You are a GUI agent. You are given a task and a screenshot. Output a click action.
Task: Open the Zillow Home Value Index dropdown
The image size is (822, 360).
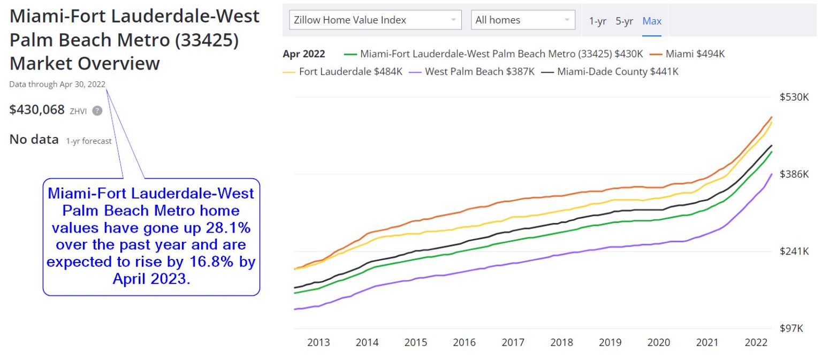[375, 20]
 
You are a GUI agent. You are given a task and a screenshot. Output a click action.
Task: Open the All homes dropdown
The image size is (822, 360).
[522, 20]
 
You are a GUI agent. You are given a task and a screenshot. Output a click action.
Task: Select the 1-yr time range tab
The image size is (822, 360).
[597, 21]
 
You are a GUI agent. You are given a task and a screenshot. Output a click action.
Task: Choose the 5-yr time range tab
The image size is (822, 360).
[624, 21]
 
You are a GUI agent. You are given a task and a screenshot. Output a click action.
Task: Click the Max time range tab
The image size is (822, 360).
[652, 21]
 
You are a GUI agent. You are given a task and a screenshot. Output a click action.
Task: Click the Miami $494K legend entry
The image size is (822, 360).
[695, 54]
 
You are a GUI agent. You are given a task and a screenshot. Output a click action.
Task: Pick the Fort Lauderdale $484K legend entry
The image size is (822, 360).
[350, 72]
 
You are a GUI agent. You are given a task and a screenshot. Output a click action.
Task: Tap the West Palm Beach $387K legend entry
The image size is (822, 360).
[479, 72]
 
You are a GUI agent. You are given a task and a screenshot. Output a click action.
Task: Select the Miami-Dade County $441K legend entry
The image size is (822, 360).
[618, 72]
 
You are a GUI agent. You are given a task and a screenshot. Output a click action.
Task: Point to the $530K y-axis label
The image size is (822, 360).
[794, 97]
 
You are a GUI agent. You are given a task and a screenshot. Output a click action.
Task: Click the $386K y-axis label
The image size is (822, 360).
[794, 174]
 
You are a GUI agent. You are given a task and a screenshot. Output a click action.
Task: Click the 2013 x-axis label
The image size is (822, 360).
[318, 343]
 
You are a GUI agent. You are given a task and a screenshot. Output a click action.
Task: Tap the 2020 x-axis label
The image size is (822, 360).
[659, 343]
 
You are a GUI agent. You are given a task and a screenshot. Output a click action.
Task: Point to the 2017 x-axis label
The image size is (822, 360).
[513, 343]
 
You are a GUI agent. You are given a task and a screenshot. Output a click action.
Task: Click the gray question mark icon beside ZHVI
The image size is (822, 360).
[97, 111]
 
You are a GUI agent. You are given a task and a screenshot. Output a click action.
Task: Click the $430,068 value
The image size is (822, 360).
[37, 110]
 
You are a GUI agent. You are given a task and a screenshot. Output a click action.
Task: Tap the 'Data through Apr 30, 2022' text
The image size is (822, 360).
[57, 85]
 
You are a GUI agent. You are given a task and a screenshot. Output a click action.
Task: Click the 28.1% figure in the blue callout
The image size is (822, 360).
[228, 228]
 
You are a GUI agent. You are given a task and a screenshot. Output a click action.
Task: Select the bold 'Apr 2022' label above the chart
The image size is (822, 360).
[303, 54]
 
